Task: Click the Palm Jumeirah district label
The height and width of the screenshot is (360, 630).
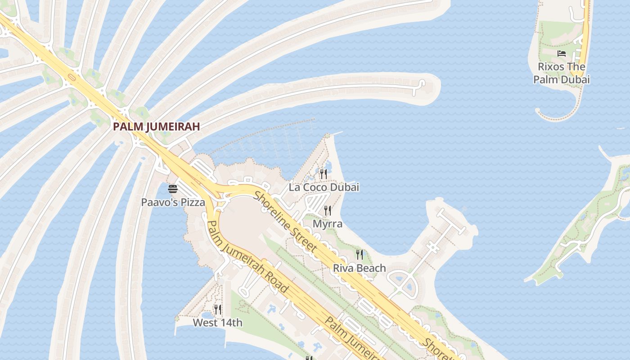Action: (156, 126)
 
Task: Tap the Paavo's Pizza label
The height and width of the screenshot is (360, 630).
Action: (173, 202)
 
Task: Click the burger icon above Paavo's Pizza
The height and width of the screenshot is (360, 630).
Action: (173, 189)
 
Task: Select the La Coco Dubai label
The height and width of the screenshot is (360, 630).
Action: (324, 187)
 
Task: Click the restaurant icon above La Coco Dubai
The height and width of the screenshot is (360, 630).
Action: (323, 174)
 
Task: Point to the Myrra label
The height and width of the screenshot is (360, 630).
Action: (328, 224)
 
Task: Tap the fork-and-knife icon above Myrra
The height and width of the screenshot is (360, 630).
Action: (328, 210)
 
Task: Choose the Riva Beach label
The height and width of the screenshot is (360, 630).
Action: (359, 268)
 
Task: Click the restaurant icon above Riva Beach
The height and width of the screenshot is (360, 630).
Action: (359, 255)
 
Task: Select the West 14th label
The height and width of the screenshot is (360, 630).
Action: (218, 323)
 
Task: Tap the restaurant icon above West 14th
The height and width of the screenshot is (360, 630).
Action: (218, 309)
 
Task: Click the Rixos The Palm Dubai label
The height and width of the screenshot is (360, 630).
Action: (562, 73)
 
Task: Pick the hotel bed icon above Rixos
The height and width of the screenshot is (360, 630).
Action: (562, 54)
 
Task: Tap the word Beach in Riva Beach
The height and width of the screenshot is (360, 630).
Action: (371, 268)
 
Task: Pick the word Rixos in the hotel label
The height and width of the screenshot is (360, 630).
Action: (551, 67)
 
